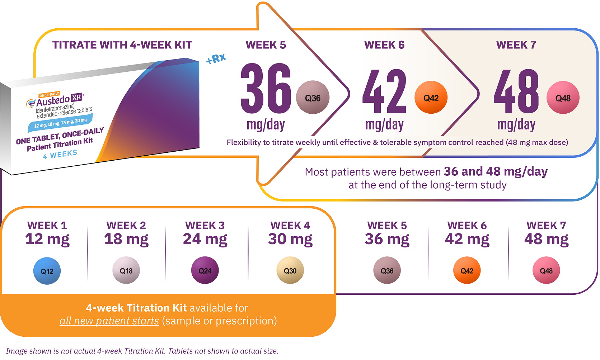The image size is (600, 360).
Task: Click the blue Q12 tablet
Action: [47, 271]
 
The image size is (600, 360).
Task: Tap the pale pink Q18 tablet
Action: [126, 270]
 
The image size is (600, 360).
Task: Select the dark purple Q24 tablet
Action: [205, 270]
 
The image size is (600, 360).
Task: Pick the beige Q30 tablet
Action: [290, 270]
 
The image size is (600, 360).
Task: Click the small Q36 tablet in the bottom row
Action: [387, 270]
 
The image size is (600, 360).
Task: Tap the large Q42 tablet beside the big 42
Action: [431, 98]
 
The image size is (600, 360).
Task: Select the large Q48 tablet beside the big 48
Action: [563, 98]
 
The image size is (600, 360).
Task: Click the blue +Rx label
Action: [216, 59]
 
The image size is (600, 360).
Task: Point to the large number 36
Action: [266, 89]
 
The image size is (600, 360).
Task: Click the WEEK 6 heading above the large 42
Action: [384, 45]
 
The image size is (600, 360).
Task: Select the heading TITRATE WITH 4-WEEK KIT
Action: [122, 45]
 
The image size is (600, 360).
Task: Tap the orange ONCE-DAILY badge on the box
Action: [50, 95]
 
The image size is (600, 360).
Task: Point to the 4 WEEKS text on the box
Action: [60, 155]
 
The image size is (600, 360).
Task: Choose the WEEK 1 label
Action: [47, 226]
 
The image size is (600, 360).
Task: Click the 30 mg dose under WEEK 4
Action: [290, 239]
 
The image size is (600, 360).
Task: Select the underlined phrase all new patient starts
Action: [109, 321]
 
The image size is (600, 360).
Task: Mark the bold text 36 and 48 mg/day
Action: [496, 171]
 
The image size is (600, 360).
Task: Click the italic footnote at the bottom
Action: [142, 351]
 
